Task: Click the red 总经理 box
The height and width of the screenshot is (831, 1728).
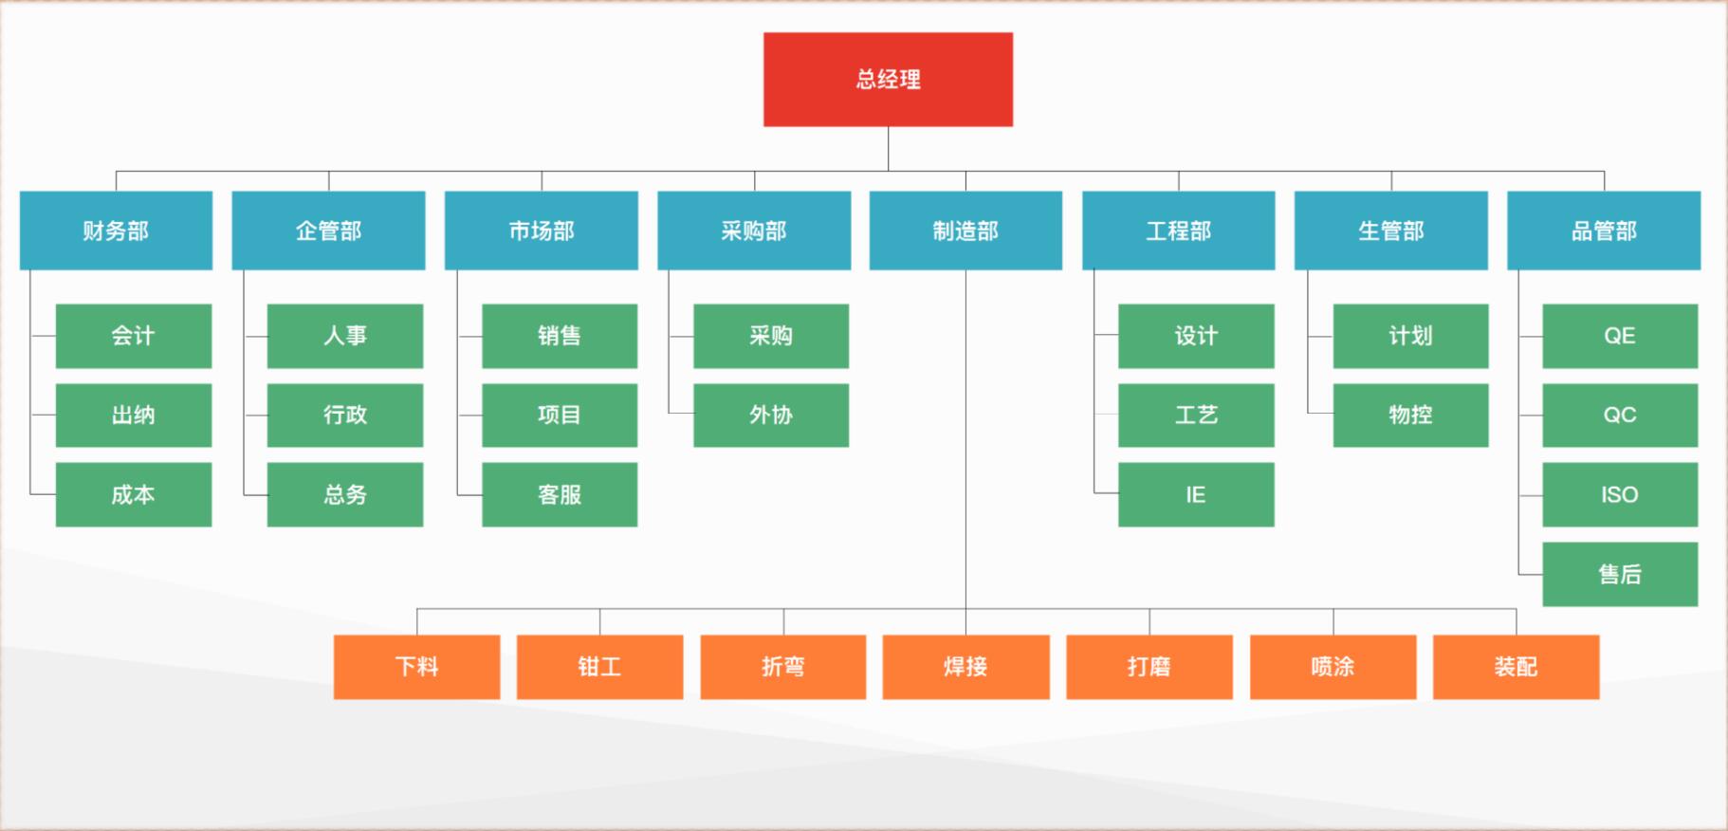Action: pyautogui.click(x=888, y=80)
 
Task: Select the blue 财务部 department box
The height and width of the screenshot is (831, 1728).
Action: pyautogui.click(x=116, y=231)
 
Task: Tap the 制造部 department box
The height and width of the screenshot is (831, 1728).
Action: pyautogui.click(x=965, y=231)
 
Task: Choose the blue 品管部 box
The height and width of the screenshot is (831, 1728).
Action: pyautogui.click(x=1604, y=231)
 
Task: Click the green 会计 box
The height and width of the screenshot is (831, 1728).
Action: pyautogui.click(x=134, y=336)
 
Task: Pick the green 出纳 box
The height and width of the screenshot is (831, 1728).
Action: pyautogui.click(x=134, y=415)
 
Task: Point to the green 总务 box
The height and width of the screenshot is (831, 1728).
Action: pyautogui.click(x=345, y=494)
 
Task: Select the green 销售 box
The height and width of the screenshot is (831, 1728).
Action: pyautogui.click(x=560, y=336)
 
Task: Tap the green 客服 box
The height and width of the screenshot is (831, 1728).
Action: pyautogui.click(x=560, y=494)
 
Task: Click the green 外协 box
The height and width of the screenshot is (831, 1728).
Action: pyautogui.click(x=771, y=415)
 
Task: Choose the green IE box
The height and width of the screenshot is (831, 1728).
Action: pyautogui.click(x=1196, y=494)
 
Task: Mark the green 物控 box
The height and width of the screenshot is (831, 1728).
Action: pyautogui.click(x=1410, y=415)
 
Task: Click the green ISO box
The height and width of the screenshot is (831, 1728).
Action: pyautogui.click(x=1620, y=494)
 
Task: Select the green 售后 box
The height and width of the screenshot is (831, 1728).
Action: pyautogui.click(x=1620, y=574)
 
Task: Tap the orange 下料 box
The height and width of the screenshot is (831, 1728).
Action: pyautogui.click(x=416, y=667)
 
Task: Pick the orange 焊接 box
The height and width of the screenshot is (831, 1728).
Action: pyautogui.click(x=965, y=667)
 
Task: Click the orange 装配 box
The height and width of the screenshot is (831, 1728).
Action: pyautogui.click(x=1516, y=667)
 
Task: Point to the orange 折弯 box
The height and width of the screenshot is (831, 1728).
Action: pyautogui.click(x=783, y=667)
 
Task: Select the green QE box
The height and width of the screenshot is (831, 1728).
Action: pyautogui.click(x=1620, y=336)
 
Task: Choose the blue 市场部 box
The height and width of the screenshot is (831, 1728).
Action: pyautogui.click(x=542, y=231)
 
